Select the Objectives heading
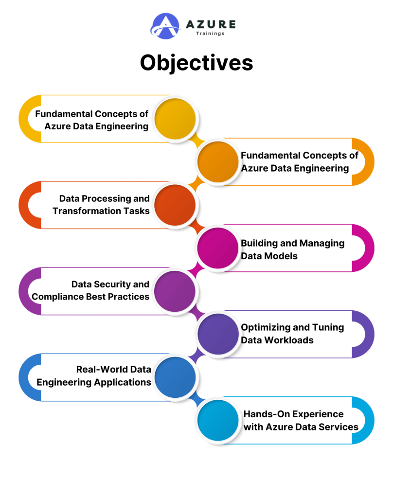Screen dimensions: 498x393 (196, 63)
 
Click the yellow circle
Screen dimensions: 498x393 (175, 119)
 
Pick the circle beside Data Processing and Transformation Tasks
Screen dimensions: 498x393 (175, 205)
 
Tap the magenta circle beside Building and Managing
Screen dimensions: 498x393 (218, 248)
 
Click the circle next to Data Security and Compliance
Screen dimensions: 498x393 (175, 291)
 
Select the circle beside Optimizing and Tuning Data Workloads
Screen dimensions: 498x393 (218, 334)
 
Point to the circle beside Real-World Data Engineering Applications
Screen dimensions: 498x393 (175, 377)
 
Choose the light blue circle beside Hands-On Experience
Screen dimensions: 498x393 (218, 420)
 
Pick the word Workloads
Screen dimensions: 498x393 (290, 340)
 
